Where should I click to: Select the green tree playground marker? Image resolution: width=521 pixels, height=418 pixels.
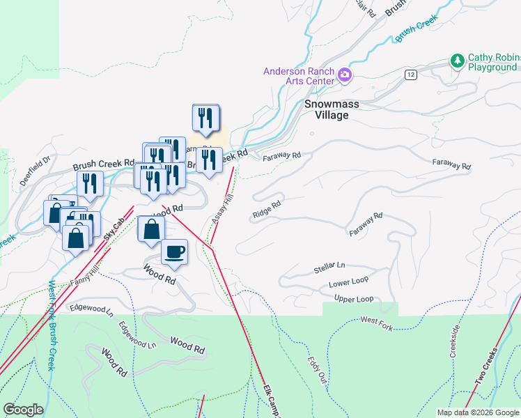[458, 61]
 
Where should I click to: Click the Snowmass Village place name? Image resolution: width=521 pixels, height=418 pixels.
[332, 109]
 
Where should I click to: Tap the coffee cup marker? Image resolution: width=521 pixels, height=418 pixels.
[175, 251]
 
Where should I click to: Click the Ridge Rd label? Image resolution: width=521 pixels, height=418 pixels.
[267, 209]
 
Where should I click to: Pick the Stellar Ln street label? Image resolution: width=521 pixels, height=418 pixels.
[329, 267]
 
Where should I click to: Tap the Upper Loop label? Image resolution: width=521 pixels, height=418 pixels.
[354, 299]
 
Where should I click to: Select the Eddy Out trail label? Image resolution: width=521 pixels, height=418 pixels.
[318, 369]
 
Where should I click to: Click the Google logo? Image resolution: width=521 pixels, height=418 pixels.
[23, 410]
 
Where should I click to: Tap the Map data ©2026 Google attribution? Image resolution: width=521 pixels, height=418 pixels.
[477, 412]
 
